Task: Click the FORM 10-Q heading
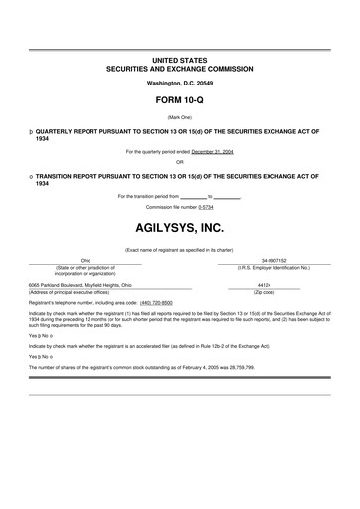pos(179,101)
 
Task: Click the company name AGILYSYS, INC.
pos(179,225)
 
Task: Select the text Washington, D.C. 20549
pos(179,83)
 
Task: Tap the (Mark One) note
pos(179,116)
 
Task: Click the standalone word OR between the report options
pos(179,161)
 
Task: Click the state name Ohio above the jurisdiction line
pos(86,260)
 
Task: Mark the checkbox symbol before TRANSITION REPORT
pos(31,175)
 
